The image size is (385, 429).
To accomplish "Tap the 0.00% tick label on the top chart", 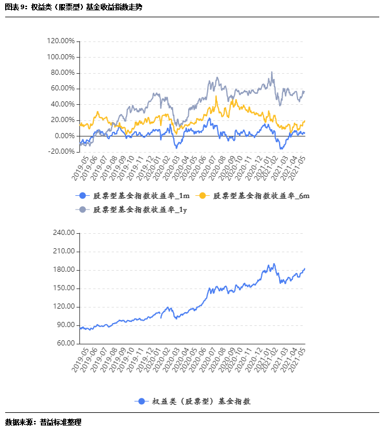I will pyautogui.click(x=64, y=136).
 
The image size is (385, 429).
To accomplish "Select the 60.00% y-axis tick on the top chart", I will pyautogui.click(x=62, y=89).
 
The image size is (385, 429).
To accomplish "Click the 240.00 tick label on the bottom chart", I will pyautogui.click(x=63, y=233).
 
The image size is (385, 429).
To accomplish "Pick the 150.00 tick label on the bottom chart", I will pyautogui.click(x=63, y=288).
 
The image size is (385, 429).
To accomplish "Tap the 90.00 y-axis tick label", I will pyautogui.click(x=65, y=325).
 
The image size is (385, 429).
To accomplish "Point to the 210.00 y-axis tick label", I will pyautogui.click(x=63, y=252).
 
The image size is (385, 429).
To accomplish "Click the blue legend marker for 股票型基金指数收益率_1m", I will pyautogui.click(x=82, y=196).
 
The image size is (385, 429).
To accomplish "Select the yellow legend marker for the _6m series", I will pyautogui.click(x=203, y=196).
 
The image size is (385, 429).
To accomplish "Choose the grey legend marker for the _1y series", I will pyautogui.click(x=82, y=210).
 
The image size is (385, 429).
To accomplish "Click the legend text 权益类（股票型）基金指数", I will pyautogui.click(x=201, y=401).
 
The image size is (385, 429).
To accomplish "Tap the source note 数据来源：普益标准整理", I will pyautogui.click(x=43, y=422).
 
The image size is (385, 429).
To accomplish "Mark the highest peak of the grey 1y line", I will pyautogui.click(x=272, y=72).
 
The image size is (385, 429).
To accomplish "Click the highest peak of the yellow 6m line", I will pyautogui.click(x=216, y=96).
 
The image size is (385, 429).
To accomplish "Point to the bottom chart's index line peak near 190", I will pyautogui.click(x=274, y=264).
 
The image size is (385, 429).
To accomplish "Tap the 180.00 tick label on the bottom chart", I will pyautogui.click(x=63, y=270).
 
